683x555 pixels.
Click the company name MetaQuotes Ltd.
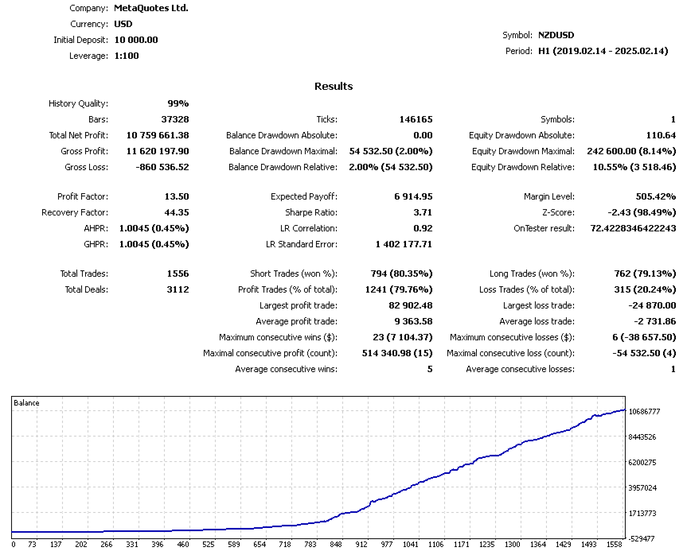pyautogui.click(x=151, y=8)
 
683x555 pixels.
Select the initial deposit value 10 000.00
pyautogui.click(x=136, y=40)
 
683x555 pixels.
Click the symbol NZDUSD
pyautogui.click(x=556, y=35)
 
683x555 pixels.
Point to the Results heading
pyautogui.click(x=334, y=86)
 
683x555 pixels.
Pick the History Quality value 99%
pyautogui.click(x=178, y=103)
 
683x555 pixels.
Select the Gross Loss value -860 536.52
pyautogui.click(x=158, y=167)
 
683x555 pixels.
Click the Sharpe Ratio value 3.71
pyautogui.click(x=423, y=212)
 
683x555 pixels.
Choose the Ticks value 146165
pyautogui.click(x=416, y=119)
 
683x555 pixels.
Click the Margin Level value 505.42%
pyautogui.click(x=654, y=196)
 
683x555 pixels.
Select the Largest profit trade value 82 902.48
pyautogui.click(x=406, y=305)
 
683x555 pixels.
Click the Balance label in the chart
pyautogui.click(x=26, y=403)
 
